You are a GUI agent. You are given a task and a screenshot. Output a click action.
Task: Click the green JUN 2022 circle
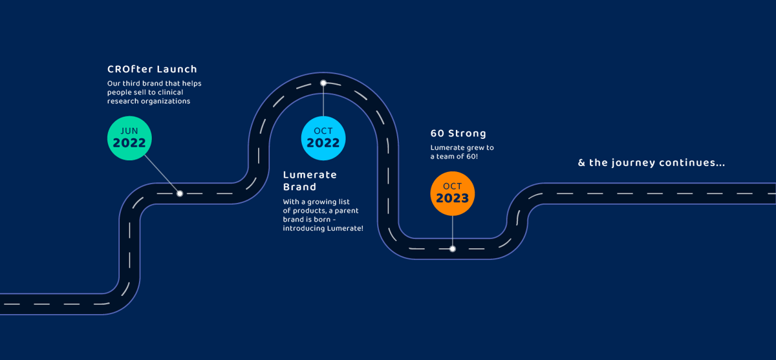[x=129, y=138]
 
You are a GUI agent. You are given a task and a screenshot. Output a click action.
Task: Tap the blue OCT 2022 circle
[x=323, y=138]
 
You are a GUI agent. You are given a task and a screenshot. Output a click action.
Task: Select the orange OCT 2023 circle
[x=453, y=193]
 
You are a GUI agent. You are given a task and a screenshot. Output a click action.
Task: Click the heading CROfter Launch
[x=152, y=69]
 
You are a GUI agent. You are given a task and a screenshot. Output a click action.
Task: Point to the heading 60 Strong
[x=458, y=133]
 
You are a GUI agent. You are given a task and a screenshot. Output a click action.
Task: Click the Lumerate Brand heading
[x=310, y=181]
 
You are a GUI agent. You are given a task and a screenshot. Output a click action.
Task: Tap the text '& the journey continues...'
[x=651, y=163]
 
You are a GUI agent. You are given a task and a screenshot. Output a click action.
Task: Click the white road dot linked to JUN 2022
[x=180, y=193]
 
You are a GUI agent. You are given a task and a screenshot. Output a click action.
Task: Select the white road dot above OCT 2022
[x=323, y=83]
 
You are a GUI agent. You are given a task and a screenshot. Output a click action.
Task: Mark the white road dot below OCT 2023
[x=453, y=249]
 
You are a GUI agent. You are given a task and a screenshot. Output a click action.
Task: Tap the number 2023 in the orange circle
[x=453, y=198]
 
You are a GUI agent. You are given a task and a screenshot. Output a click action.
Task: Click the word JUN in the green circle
[x=129, y=131]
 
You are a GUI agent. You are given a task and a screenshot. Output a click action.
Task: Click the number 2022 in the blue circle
[x=323, y=143]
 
